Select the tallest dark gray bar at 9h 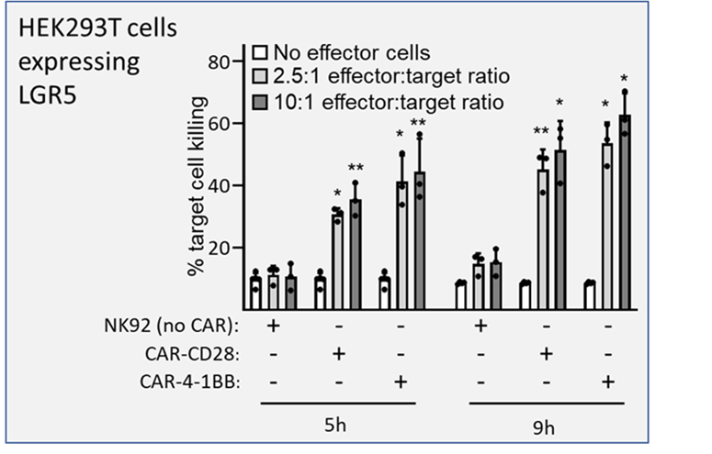click(625, 212)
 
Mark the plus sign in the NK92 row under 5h click(273, 326)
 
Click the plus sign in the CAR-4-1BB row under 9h click(608, 382)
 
